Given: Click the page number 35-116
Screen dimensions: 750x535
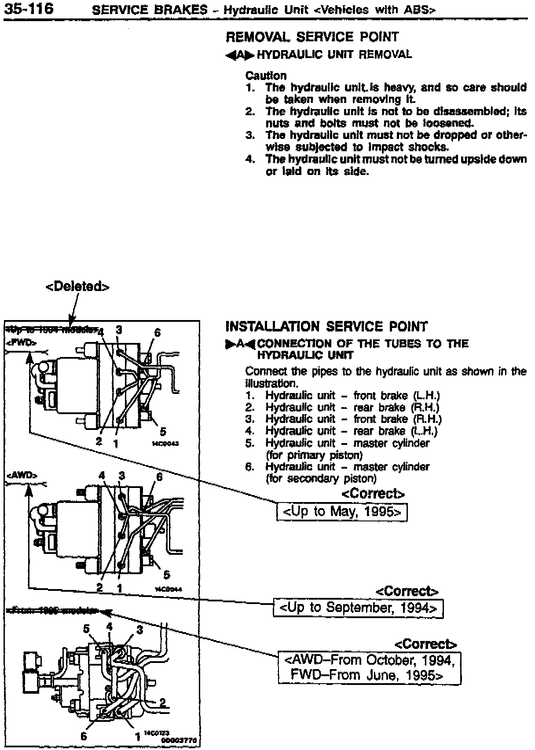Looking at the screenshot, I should click(28, 8).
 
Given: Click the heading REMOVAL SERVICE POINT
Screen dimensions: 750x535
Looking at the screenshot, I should click(312, 37).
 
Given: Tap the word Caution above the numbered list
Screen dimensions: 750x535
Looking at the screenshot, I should click(266, 76).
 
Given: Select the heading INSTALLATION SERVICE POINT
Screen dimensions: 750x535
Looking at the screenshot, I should click(326, 326).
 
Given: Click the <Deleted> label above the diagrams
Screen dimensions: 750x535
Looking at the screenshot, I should click(77, 287).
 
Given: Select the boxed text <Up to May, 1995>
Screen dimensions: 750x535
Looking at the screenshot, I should click(342, 512).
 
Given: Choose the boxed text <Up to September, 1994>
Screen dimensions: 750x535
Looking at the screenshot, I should click(358, 608).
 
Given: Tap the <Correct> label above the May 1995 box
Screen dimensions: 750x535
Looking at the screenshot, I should click(373, 494).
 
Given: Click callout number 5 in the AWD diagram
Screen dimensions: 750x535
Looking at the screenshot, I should click(166, 574).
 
